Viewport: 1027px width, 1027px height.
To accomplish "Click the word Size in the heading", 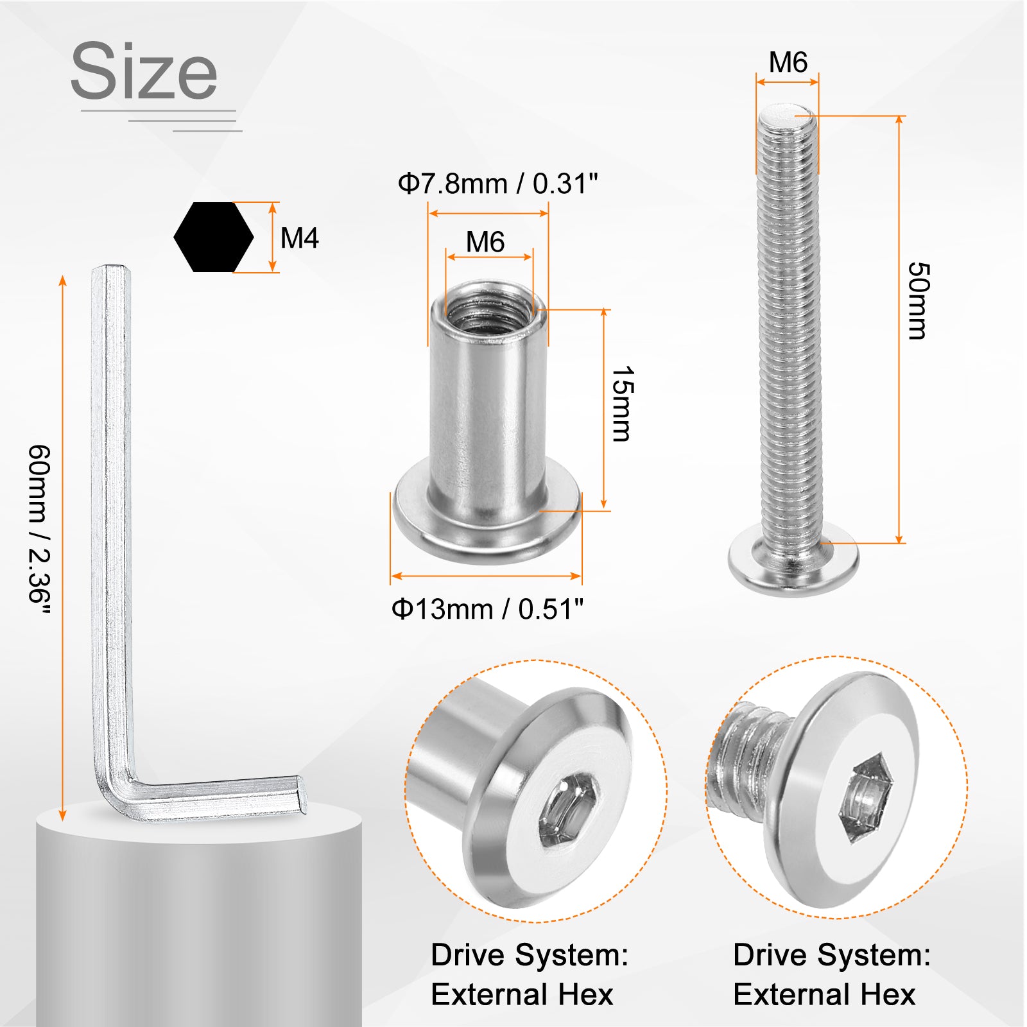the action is click(x=144, y=71).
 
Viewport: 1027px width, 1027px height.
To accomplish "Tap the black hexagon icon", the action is click(x=214, y=237).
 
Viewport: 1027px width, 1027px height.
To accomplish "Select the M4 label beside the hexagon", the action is click(x=300, y=238).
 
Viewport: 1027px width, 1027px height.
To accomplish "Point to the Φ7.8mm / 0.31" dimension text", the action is click(x=497, y=184).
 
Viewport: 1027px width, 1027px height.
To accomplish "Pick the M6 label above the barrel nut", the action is click(x=485, y=242).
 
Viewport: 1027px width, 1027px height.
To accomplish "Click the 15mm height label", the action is click(x=621, y=404).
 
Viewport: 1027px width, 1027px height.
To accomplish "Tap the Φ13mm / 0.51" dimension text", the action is click(x=488, y=608).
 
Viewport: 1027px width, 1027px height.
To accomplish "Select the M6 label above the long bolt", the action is click(x=788, y=62).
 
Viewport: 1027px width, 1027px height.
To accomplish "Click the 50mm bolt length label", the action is click(x=918, y=300).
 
